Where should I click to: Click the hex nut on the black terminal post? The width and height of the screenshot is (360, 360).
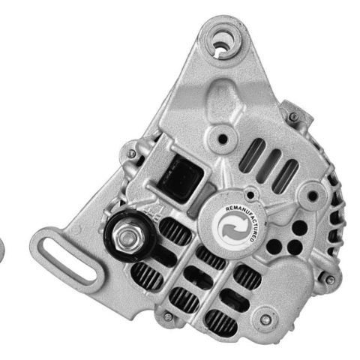[x=128, y=236]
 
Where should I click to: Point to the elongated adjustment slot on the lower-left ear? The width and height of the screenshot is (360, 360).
[x=67, y=259]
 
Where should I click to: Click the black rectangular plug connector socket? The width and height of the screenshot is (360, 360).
[x=181, y=179]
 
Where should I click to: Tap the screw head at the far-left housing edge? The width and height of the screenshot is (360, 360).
[x=131, y=153]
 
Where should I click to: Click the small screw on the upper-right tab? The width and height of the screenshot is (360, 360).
[x=294, y=116]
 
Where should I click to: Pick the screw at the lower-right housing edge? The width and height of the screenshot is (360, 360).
[x=331, y=280]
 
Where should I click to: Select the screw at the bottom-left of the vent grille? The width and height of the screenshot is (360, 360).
[x=168, y=317]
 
